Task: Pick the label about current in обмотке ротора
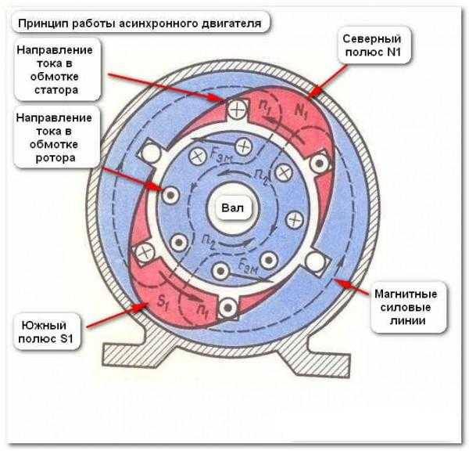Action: tap(55, 137)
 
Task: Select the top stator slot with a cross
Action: tap(236, 109)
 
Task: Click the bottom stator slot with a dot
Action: tap(229, 308)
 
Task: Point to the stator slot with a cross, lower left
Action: tap(144, 252)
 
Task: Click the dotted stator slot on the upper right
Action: tap(318, 164)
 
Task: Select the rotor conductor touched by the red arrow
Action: tap(167, 192)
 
